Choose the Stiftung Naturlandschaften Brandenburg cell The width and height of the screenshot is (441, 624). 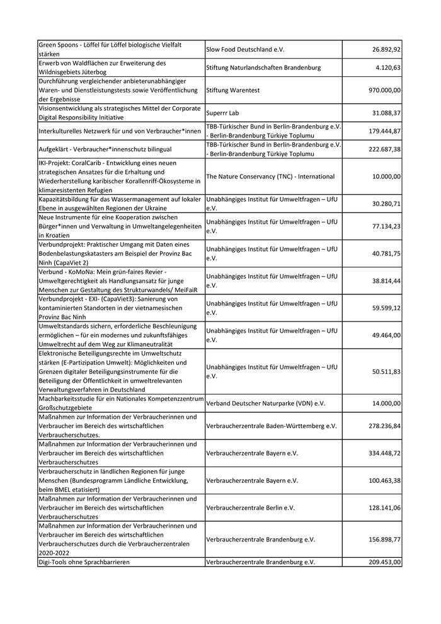[263, 67]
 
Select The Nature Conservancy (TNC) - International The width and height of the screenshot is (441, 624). [270, 176]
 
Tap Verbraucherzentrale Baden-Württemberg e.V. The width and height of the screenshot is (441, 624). [272, 426]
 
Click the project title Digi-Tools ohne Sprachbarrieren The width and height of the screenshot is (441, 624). [84, 562]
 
